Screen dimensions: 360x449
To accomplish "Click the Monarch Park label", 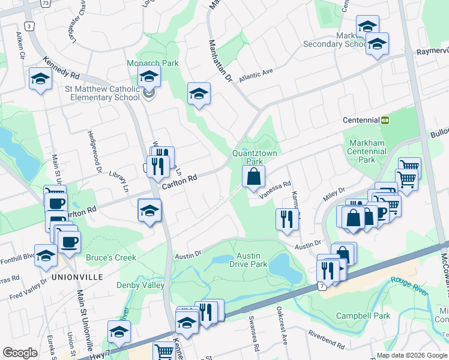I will pos(144,63).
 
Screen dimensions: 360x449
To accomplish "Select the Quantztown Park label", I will pos(255,157).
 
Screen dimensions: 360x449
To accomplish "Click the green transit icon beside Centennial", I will pos(385,120).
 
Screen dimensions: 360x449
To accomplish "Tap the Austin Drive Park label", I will pos(248,259).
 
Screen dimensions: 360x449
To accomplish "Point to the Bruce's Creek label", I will pos(111,257).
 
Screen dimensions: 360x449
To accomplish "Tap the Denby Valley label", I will pos(140,285).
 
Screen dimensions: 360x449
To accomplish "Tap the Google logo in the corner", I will pos(20,353).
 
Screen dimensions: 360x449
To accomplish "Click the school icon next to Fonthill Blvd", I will pos(46,256).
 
